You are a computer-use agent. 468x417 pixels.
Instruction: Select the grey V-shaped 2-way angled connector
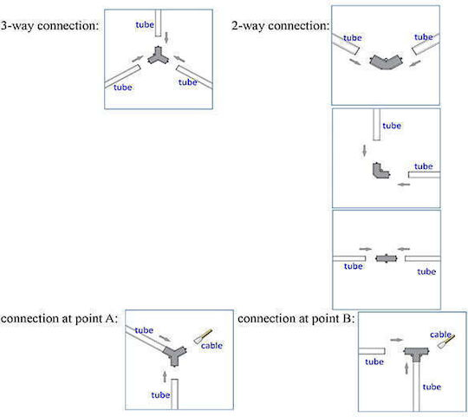[x=386, y=62]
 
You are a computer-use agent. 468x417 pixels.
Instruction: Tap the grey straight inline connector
[x=387, y=258]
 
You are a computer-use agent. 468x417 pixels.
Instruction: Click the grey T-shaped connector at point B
[x=416, y=353]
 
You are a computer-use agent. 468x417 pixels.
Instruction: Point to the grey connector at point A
[x=174, y=355]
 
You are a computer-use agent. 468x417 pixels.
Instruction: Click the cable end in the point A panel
[x=203, y=336]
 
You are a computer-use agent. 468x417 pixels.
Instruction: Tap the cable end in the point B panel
[x=446, y=342]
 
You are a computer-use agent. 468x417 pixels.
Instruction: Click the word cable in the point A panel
[x=211, y=346]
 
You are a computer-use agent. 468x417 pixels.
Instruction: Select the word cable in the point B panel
[x=440, y=335]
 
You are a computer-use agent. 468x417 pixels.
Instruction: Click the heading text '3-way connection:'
[x=49, y=26]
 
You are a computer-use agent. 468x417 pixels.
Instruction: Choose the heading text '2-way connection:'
[x=281, y=26]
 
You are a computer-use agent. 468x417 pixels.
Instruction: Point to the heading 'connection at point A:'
[x=59, y=319]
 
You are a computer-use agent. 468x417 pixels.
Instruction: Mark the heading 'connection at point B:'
[x=296, y=319]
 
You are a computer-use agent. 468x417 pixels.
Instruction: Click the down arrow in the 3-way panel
[x=166, y=37]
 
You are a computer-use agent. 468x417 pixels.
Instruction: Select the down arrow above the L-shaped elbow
[x=364, y=151]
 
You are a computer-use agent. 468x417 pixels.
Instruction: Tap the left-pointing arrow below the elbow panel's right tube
[x=404, y=185]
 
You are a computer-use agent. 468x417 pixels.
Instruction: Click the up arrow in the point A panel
[x=165, y=377]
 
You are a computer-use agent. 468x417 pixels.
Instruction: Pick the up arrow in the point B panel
[x=406, y=368]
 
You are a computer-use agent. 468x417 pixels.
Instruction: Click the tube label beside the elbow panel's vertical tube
[x=392, y=126]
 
